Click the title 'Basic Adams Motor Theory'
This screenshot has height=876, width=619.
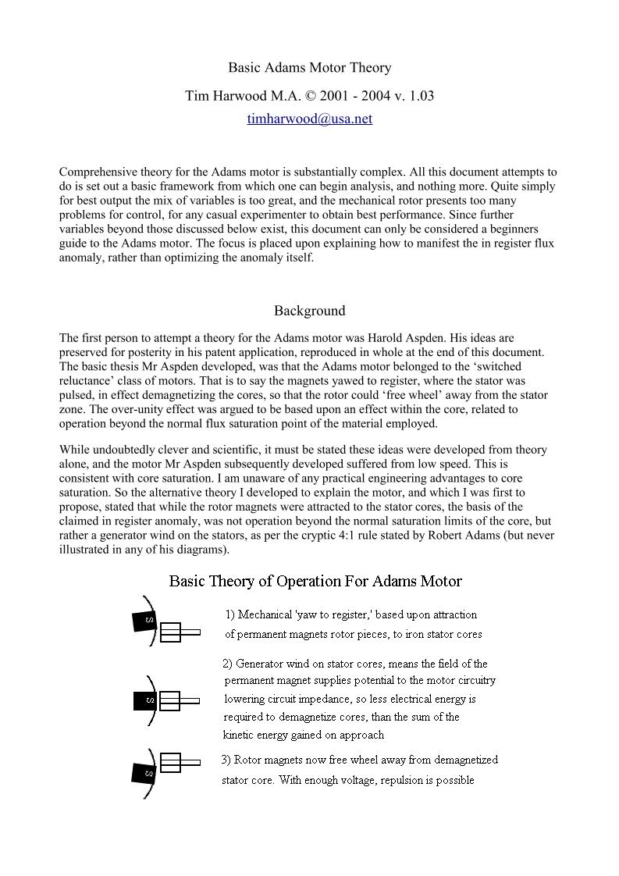tap(309, 68)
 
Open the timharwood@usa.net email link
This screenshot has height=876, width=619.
tap(309, 119)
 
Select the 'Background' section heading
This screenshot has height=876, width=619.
tap(309, 311)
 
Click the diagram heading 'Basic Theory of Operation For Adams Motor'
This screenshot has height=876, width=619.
tap(315, 582)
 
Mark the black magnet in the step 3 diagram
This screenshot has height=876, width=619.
tap(145, 772)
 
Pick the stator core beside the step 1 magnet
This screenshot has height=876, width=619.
tap(179, 632)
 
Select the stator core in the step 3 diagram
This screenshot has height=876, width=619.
tap(179, 762)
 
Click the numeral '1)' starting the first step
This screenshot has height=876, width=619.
tap(230, 614)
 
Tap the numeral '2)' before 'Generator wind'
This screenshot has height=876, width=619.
tap(227, 664)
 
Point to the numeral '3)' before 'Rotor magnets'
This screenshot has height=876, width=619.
tap(226, 760)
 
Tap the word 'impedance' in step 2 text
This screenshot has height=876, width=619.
tap(340, 699)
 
